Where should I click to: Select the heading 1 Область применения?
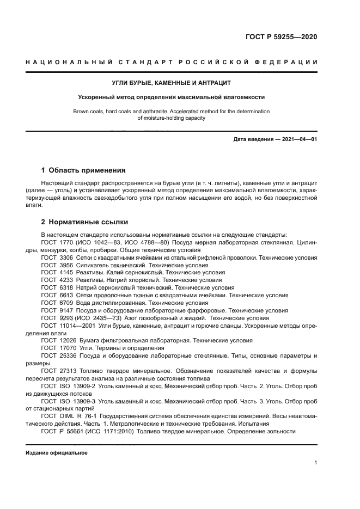[x=83, y=170]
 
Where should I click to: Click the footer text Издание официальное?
[x=56, y=452]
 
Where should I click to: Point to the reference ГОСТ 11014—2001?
[x=69, y=326]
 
